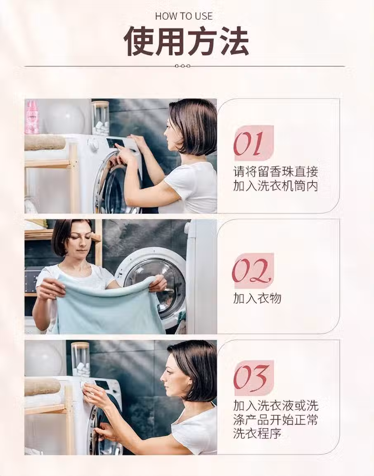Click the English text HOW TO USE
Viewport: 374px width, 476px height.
pyautogui.click(x=184, y=16)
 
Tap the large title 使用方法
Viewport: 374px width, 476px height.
pyautogui.click(x=187, y=41)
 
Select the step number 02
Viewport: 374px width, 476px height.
pyautogui.click(x=251, y=271)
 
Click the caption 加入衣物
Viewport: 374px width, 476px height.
pyautogui.click(x=257, y=298)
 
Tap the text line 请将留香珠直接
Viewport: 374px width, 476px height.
pyautogui.click(x=276, y=172)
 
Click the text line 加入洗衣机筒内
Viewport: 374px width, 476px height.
pyautogui.click(x=276, y=186)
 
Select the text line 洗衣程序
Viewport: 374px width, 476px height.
pyautogui.click(x=257, y=433)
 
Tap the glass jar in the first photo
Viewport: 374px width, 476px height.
pyautogui.click(x=100, y=118)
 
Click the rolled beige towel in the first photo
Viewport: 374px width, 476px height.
pyautogui.click(x=45, y=143)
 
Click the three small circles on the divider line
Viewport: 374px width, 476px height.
pyautogui.click(x=183, y=66)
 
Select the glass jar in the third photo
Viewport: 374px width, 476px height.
pyautogui.click(x=80, y=360)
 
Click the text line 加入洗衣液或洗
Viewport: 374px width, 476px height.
pyautogui.click(x=276, y=405)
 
